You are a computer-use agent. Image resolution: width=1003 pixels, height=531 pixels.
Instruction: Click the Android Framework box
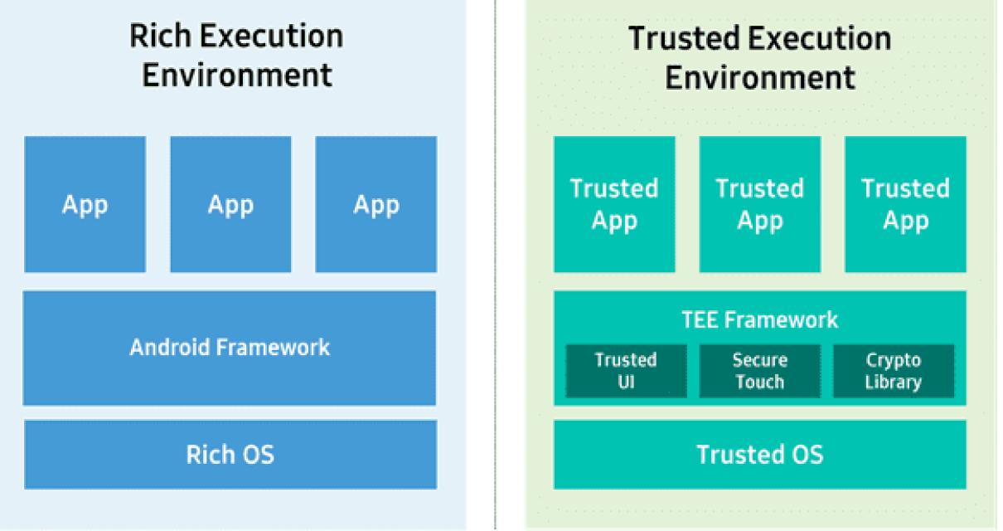point(230,348)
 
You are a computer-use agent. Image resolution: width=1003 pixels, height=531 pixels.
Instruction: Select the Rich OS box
point(230,454)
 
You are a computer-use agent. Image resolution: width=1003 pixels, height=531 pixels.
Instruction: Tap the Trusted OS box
point(759,454)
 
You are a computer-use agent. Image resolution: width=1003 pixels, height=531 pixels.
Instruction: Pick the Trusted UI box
point(627,371)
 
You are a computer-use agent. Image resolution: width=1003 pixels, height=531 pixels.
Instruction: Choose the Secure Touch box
point(759,371)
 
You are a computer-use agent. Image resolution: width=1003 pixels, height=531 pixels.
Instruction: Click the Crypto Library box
point(893,371)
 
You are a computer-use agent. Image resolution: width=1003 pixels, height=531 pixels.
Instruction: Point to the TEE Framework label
point(759,319)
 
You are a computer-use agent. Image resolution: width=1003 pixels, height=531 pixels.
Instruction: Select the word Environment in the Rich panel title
point(237,75)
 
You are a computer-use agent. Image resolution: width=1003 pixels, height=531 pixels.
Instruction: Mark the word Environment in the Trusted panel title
point(759,78)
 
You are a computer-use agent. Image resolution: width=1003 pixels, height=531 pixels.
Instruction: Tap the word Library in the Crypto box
point(893,382)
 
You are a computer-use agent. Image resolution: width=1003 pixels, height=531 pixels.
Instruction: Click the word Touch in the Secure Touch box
point(759,382)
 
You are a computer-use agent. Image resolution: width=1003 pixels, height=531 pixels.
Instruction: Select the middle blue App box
point(230,204)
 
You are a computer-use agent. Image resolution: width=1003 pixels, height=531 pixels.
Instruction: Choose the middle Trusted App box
point(759,204)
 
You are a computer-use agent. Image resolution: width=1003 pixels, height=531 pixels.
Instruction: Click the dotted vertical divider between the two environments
point(496,265)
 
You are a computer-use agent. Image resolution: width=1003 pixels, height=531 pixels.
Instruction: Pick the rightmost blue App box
point(376,204)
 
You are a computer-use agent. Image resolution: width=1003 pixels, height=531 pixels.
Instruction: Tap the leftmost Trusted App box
point(614,204)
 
